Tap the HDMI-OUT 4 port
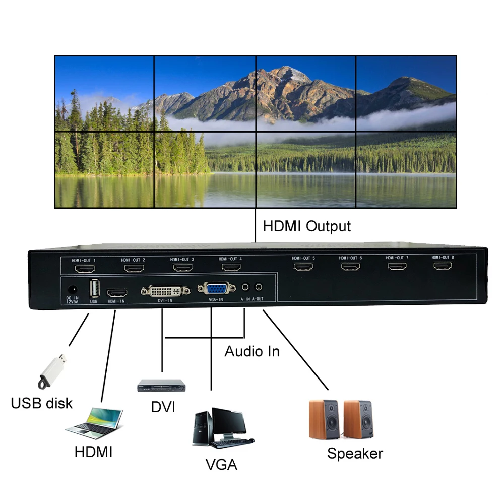[x=231, y=267]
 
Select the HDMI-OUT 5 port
[x=303, y=266]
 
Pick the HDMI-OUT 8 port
[x=442, y=265]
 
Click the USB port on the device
[x=93, y=289]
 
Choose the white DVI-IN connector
[x=166, y=291]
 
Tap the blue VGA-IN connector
[x=216, y=289]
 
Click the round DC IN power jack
[x=72, y=291]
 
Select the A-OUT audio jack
[x=259, y=287]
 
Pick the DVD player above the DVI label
[x=161, y=386]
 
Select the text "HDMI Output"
[x=306, y=226]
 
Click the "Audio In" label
[x=251, y=351]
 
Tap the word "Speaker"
[x=355, y=453]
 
